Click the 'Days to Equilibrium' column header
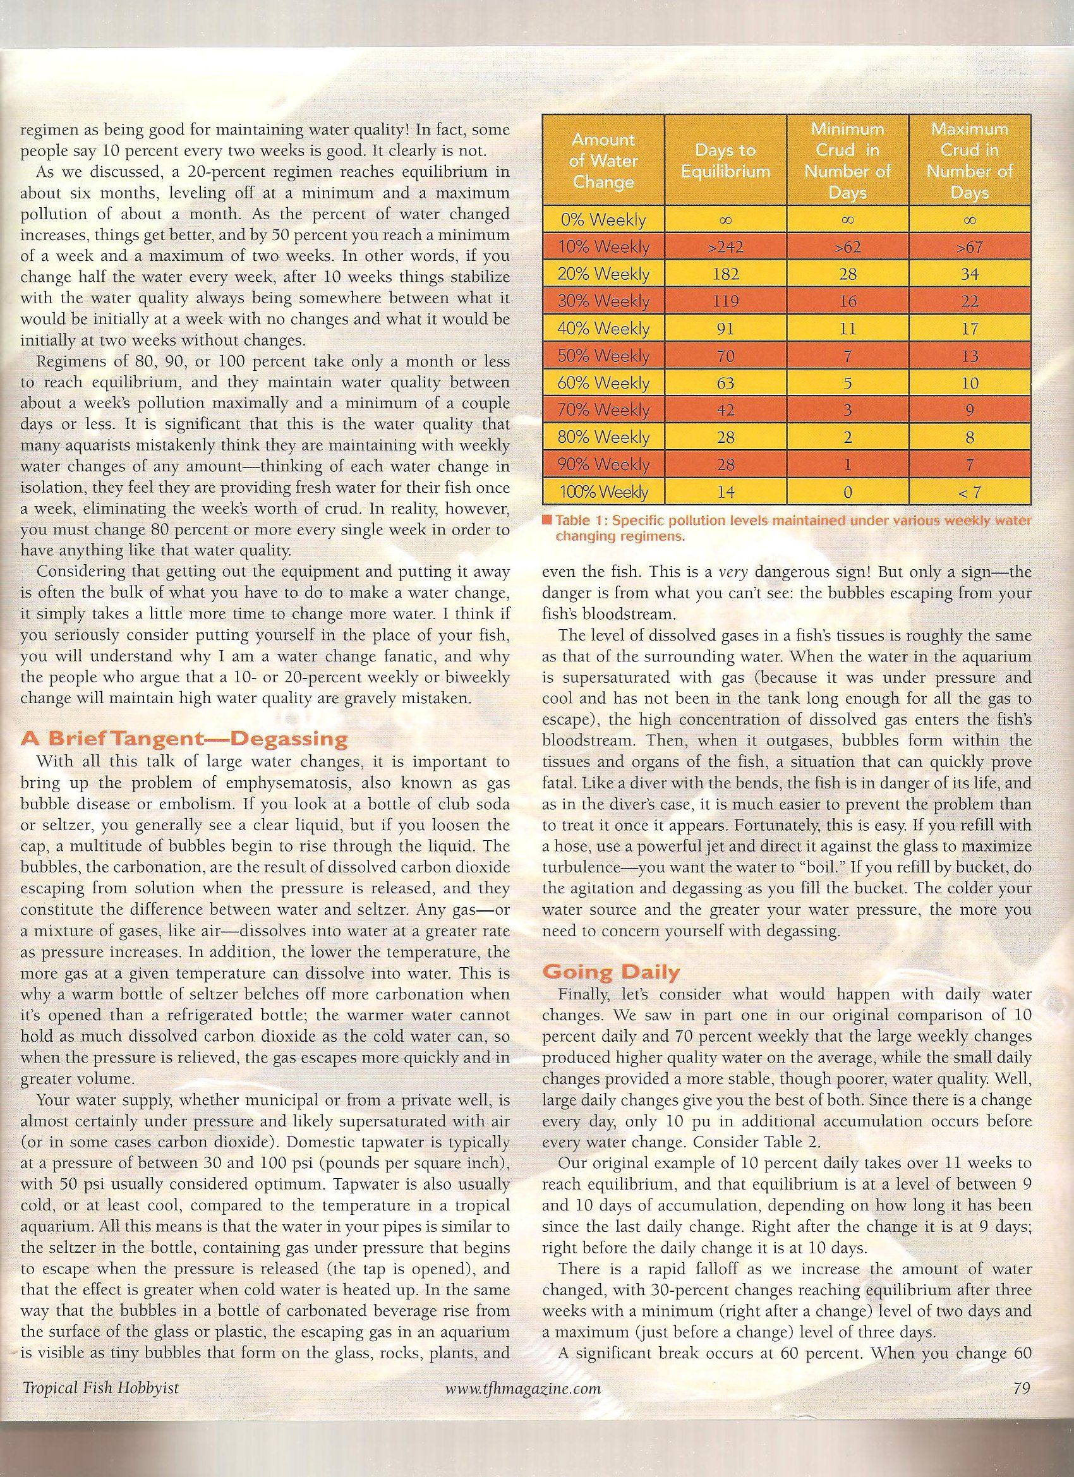(x=725, y=161)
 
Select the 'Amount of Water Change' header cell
(x=603, y=161)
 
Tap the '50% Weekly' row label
(x=604, y=356)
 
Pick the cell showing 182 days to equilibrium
(x=725, y=274)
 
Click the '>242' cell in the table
(x=725, y=248)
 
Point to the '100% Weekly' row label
(x=604, y=492)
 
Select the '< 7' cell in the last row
(x=970, y=492)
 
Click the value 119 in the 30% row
(x=725, y=301)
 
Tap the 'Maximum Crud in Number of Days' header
(x=970, y=161)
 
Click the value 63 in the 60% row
(x=725, y=383)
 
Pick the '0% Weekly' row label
(x=604, y=220)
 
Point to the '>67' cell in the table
(x=970, y=248)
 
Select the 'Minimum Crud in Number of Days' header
(x=847, y=161)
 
